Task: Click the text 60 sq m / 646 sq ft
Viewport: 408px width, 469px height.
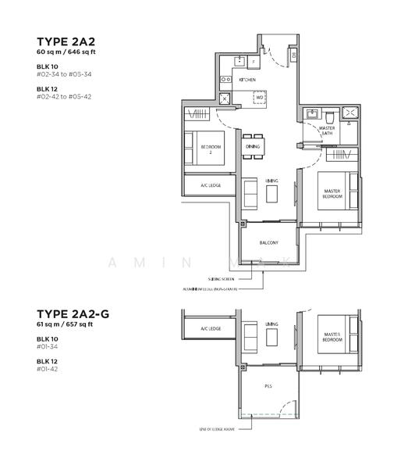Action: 71,51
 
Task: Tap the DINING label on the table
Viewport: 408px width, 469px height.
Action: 252,146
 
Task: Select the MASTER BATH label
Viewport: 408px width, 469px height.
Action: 328,131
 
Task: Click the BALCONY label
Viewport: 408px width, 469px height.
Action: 269,243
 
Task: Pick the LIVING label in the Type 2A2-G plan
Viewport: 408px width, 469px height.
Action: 271,324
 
